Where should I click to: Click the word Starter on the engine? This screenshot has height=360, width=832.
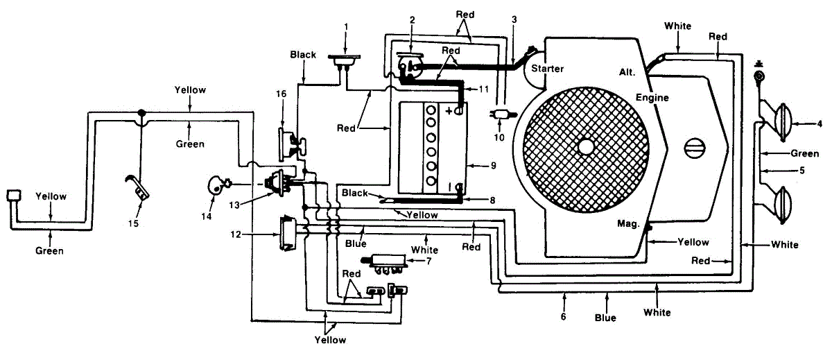point(547,69)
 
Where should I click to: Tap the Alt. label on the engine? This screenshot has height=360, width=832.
point(627,72)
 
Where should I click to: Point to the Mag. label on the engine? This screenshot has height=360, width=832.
point(628,223)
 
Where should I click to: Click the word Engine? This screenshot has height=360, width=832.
point(652,98)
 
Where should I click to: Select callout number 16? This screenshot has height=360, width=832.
point(281,94)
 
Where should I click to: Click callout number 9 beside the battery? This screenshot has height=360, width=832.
point(493,166)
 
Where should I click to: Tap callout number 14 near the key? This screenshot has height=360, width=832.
point(207,216)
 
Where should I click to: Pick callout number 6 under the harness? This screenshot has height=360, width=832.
point(563,316)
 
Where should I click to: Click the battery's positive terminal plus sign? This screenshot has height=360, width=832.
point(449,111)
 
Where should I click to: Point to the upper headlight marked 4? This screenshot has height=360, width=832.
point(782,122)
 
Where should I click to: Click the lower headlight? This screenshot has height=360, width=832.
point(782,205)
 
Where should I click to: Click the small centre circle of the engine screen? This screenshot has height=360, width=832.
point(586,147)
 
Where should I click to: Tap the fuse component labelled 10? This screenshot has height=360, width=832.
point(502,114)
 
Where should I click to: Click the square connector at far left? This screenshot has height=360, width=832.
point(14,196)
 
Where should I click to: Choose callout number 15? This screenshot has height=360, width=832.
point(133,223)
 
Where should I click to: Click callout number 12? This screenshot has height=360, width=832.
point(236,234)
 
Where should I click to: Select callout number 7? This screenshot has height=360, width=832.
point(428,262)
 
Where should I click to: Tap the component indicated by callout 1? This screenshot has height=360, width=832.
point(344,61)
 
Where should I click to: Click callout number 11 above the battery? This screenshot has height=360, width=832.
point(484,89)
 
